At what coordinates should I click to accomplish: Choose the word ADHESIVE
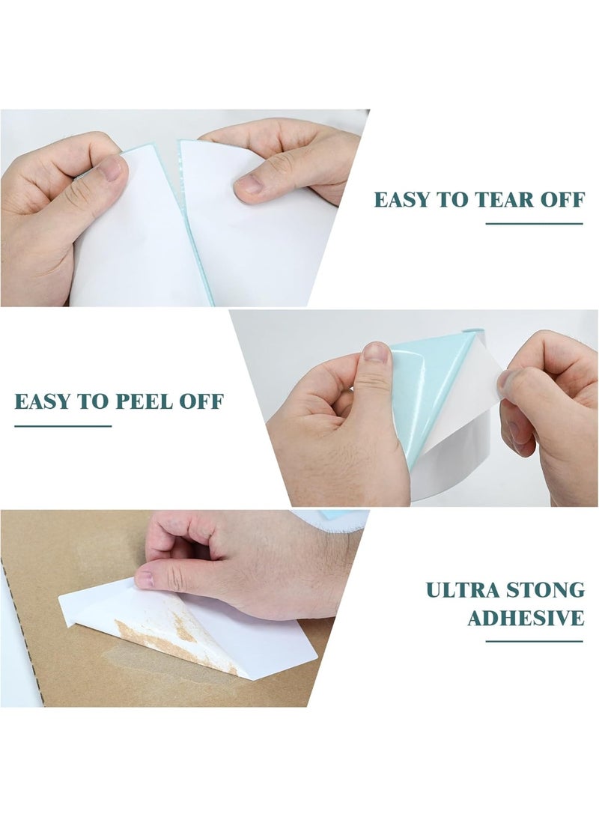point(526,619)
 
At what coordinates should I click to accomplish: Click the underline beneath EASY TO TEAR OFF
point(534,223)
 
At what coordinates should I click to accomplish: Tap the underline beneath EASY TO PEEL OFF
point(63,425)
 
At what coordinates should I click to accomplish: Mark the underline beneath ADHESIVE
point(534,641)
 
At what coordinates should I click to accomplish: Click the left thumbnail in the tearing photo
point(110,168)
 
